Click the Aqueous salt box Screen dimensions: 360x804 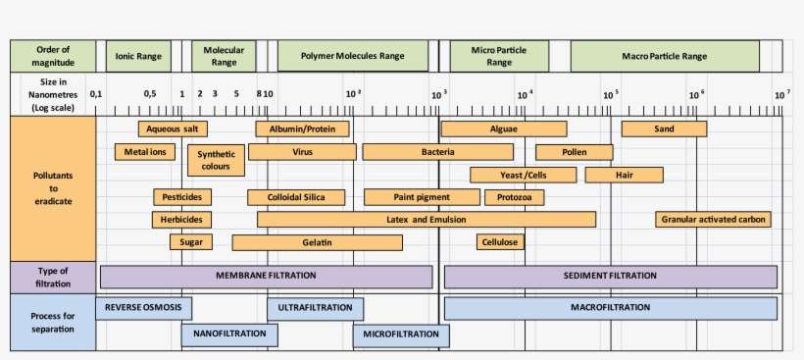pos(173,129)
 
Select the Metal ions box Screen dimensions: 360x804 pos(144,152)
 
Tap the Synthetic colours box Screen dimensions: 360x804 pos(215,161)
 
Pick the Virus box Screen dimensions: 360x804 pos(302,152)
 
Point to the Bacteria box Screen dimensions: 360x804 pos(437,152)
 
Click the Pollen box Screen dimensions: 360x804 pos(574,152)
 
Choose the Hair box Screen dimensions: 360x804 pos(624,175)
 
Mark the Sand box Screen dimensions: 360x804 pos(664,129)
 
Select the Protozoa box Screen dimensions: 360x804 pos(514,197)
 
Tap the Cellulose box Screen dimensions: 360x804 pos(500,242)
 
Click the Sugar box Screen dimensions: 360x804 pos(190,242)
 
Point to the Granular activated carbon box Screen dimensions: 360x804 pos(713,219)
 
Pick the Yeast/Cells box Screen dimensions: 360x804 pos(523,175)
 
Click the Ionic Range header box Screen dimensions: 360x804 pos(138,56)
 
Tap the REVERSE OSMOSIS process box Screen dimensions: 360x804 pos(143,308)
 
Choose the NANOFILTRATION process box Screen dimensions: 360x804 pos(229,334)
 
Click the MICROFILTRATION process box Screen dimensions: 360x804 pos(400,334)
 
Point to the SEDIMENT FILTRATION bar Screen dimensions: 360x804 pos(610,277)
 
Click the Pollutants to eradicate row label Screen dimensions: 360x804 pos(53,187)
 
